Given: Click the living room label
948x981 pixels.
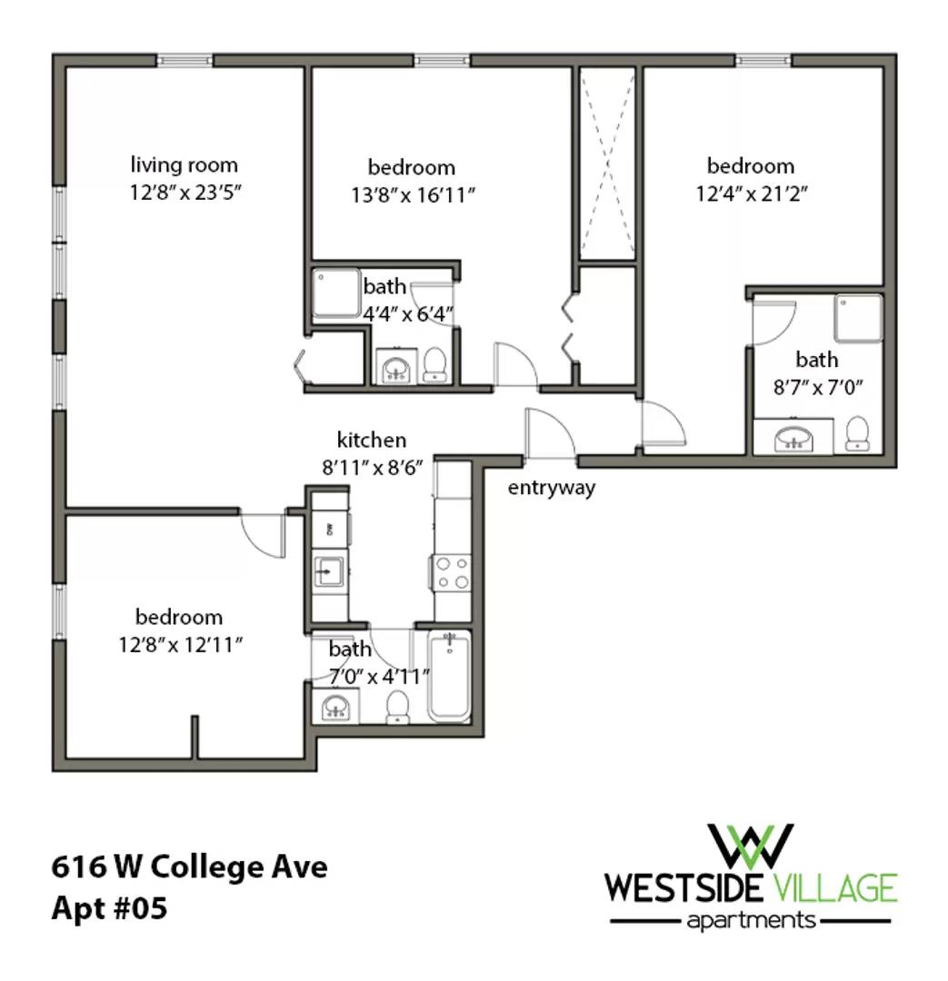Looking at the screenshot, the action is click(x=185, y=165).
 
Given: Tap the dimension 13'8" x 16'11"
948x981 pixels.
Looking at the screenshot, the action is click(x=413, y=195).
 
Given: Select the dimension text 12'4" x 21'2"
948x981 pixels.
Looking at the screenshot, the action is click(x=752, y=193).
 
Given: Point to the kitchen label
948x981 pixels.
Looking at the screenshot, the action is click(x=372, y=440).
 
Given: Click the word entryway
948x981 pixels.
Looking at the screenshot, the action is click(x=552, y=488).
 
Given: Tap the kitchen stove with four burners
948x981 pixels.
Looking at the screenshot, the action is click(x=452, y=572).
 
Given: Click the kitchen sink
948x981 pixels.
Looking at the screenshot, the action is click(x=328, y=570).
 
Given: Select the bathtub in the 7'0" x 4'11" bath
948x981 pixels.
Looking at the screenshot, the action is click(x=449, y=676).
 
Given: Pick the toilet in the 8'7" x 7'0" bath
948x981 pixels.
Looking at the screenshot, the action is click(x=857, y=433).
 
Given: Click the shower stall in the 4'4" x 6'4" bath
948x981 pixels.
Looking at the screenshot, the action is click(x=336, y=293).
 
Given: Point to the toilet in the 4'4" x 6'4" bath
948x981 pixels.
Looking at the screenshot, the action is click(x=434, y=365).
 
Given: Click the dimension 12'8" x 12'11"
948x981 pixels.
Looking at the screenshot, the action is click(x=180, y=644).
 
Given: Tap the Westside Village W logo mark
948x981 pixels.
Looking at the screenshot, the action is click(x=750, y=847).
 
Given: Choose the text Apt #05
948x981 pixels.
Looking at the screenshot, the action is click(x=110, y=907).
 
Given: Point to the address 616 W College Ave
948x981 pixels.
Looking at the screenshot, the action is click(x=189, y=867).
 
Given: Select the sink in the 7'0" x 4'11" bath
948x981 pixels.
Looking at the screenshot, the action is click(x=335, y=707).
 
